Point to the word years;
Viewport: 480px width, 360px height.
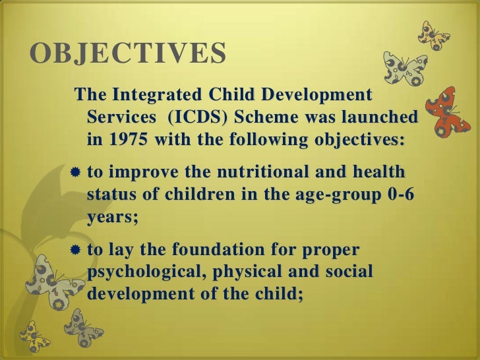(x=113, y=218)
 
